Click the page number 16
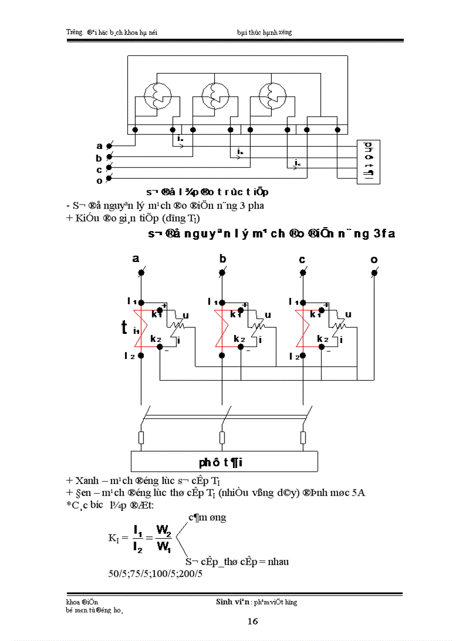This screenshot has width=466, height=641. click(253, 621)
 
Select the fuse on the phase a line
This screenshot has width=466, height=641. click(140, 437)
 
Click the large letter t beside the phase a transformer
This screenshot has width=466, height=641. click(124, 328)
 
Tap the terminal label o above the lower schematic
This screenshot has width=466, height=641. click(374, 260)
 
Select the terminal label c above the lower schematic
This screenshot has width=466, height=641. click(302, 260)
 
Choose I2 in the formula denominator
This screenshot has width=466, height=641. click(138, 546)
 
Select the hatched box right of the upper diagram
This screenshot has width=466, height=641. click(368, 162)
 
